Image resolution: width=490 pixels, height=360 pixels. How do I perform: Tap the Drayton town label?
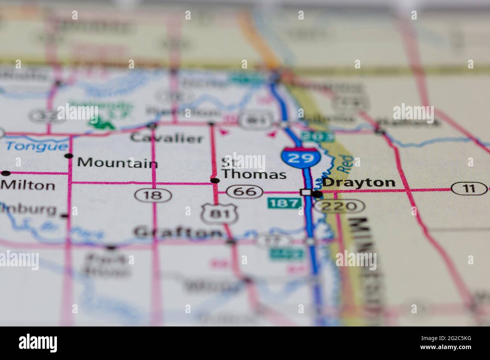[359, 183]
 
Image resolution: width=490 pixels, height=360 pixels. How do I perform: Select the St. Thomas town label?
[253, 169]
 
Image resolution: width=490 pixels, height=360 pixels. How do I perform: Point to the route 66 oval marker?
[247, 192]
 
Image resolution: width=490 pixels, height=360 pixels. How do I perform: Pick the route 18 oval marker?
[153, 195]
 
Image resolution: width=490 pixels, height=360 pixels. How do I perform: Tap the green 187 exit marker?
[284, 204]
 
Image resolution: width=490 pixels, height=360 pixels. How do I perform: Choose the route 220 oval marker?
[340, 206]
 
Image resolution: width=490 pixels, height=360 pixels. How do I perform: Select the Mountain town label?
[117, 163]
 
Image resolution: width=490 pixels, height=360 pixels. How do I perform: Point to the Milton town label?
[28, 185]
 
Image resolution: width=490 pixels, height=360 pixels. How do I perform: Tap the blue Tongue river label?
[37, 146]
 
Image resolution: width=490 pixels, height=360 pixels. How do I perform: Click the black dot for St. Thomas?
[215, 181]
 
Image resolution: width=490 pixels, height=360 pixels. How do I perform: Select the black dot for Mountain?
[69, 156]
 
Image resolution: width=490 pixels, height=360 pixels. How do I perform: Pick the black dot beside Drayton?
[318, 194]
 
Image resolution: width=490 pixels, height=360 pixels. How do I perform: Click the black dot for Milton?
[6, 173]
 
